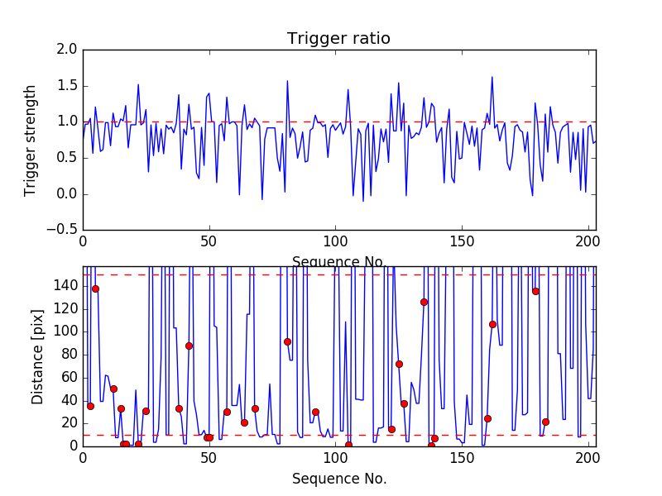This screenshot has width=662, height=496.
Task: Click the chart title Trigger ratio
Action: point(338,39)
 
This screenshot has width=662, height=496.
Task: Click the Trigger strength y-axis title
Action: point(31,140)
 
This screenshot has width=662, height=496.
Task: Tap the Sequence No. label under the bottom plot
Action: point(338,479)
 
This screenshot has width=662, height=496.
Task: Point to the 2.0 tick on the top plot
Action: point(69,50)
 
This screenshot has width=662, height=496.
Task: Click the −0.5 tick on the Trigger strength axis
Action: point(63,230)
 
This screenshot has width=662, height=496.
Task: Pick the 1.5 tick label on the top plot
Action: point(69,86)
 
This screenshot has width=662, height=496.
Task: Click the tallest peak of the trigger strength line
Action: point(492,77)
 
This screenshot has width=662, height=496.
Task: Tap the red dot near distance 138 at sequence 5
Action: point(95,289)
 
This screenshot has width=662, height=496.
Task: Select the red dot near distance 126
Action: point(424,302)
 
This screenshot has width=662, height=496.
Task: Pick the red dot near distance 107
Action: point(492,324)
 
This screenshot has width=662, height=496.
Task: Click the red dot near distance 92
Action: point(287,341)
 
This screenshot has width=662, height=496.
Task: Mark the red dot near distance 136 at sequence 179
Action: point(535,291)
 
